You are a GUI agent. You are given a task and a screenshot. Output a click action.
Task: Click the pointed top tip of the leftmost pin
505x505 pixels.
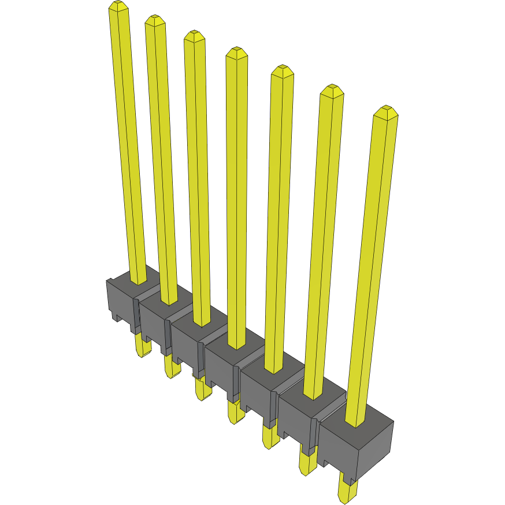(x=118, y=5)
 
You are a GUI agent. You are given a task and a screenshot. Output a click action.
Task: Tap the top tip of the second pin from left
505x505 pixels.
(x=155, y=20)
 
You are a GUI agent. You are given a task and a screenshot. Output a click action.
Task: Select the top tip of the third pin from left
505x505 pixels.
(x=194, y=35)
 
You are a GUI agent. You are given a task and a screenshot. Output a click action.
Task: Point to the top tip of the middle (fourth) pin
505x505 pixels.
(x=236, y=53)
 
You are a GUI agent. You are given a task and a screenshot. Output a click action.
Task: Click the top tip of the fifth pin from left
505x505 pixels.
(x=282, y=70)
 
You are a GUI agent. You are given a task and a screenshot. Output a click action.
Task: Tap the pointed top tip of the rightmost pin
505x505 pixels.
(x=386, y=110)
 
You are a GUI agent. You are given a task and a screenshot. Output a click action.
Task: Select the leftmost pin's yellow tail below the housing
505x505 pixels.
(x=142, y=347)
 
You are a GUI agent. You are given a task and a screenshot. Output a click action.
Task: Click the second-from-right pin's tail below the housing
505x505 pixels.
(x=307, y=462)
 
